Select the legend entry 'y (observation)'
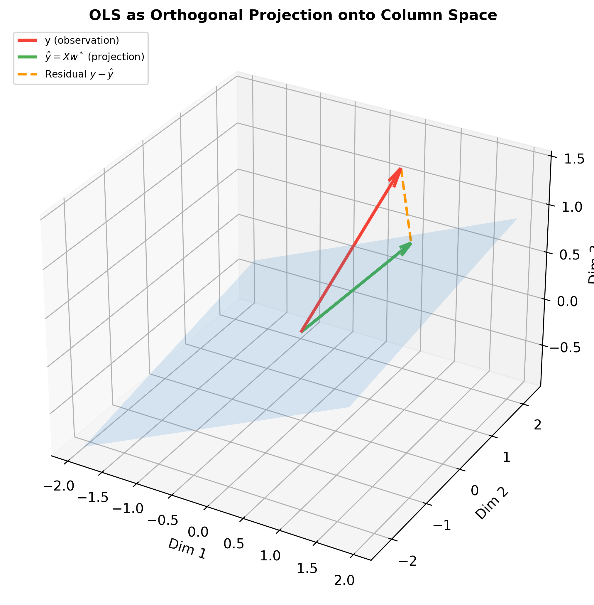(82, 41)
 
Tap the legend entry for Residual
(78, 74)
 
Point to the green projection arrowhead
(407, 247)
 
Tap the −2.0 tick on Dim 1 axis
(59, 486)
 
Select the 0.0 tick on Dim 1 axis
(198, 531)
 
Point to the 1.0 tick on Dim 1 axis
(270, 555)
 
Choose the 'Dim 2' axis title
(491, 504)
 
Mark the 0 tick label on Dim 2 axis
(474, 491)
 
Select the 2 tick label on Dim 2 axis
(537, 425)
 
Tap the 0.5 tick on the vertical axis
(570, 255)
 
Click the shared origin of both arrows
(301, 332)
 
